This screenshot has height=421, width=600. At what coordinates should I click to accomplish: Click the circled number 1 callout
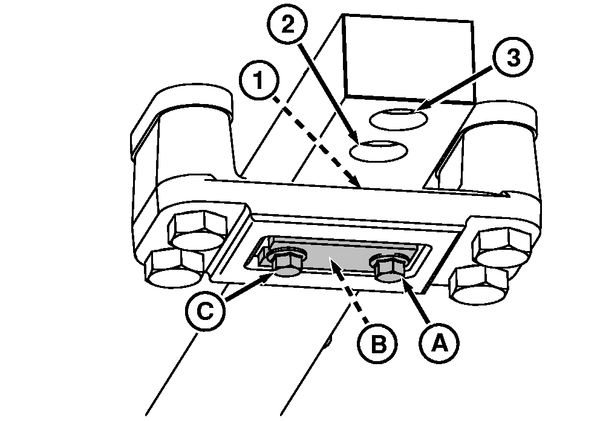(259, 80)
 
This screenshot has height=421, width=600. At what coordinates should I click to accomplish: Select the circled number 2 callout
(287, 25)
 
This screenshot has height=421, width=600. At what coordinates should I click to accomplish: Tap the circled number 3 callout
(513, 57)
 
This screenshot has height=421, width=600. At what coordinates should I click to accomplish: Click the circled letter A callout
(439, 342)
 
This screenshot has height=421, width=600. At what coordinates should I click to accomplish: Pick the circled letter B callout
(377, 344)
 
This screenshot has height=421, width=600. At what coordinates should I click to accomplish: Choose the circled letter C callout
(205, 310)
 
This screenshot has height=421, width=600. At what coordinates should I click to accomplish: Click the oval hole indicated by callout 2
(379, 151)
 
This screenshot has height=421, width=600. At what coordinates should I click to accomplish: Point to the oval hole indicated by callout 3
(399, 119)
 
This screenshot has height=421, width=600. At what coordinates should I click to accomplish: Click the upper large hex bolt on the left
(197, 230)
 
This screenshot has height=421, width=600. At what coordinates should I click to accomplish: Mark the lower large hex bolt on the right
(478, 285)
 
